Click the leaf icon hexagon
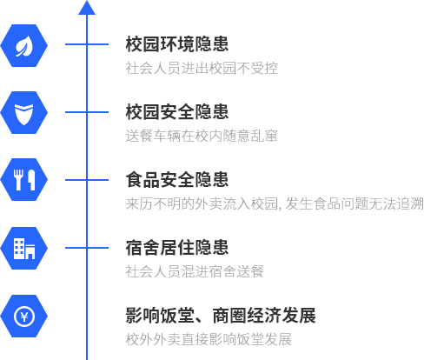(24, 46)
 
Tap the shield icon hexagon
(24, 112)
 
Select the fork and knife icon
(24, 180)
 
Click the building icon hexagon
(24, 248)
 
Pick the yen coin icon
(24, 317)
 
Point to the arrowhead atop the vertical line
(87, 8)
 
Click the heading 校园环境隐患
(177, 44)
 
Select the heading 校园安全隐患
(177, 112)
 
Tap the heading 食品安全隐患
(177, 180)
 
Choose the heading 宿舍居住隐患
(177, 248)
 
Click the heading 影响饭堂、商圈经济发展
(221, 316)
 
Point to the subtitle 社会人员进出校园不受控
(202, 68)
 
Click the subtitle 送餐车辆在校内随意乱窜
(202, 136)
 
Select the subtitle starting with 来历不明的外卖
(275, 203)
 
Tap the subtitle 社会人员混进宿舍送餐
(195, 271)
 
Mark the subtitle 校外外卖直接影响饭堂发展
(209, 339)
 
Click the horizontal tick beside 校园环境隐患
(87, 44)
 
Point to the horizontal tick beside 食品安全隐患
(87, 180)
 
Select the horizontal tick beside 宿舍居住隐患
(87, 248)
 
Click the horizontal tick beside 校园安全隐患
(87, 112)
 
